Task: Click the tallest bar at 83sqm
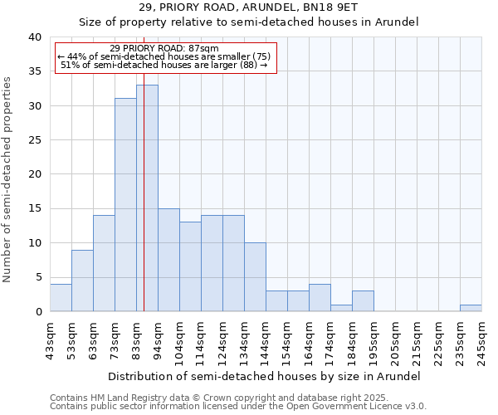coord(147,198)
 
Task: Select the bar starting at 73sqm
coord(125,205)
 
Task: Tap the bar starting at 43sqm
coord(61,298)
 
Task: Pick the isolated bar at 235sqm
coord(471,308)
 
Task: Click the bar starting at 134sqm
coord(255,277)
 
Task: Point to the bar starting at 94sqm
coord(168,260)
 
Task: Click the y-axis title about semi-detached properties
coord(8,179)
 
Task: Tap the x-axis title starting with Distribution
coord(265,376)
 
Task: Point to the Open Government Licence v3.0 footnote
coord(238,406)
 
